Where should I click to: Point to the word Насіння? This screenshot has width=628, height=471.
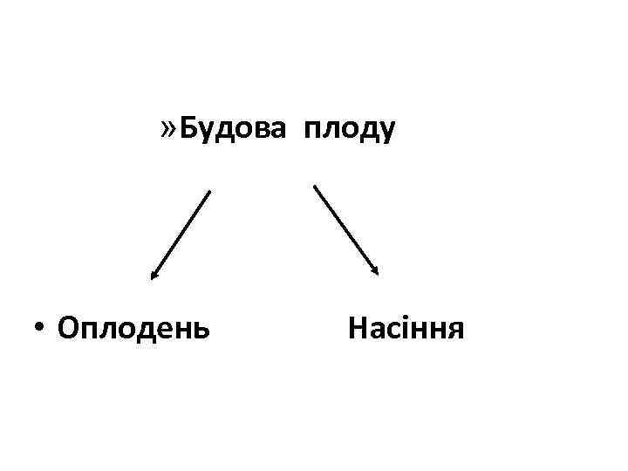(406, 330)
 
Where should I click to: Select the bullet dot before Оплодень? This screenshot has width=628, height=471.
(40, 330)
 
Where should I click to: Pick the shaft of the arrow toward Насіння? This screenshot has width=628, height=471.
(345, 229)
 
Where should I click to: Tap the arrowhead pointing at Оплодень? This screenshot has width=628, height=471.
(154, 276)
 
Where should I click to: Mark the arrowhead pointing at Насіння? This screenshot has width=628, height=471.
(376, 271)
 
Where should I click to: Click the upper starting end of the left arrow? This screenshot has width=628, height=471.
(210, 191)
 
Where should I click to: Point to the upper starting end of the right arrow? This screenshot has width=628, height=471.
(314, 185)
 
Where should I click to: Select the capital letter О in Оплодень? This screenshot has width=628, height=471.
(66, 330)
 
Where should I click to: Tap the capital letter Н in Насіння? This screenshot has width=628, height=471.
(358, 330)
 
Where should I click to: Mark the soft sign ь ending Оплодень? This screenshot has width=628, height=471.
(201, 331)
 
